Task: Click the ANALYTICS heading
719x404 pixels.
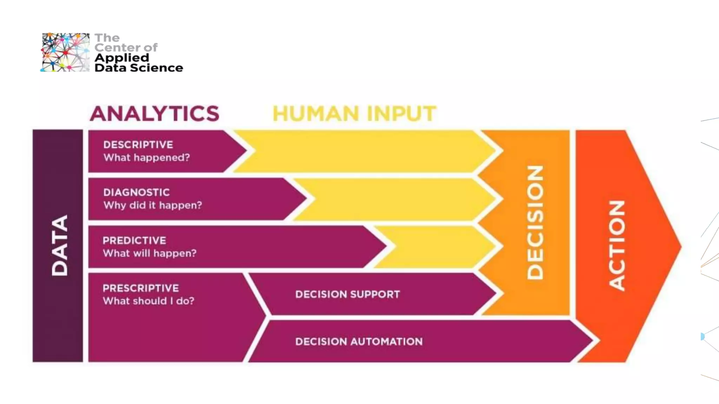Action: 154,114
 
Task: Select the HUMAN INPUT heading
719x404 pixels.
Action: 354,114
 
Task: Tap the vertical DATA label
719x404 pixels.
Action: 59,245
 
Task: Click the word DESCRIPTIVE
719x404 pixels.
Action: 138,144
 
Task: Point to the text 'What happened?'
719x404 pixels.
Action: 146,157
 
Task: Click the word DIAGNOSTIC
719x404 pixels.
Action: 136,192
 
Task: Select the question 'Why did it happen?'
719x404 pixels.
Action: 152,205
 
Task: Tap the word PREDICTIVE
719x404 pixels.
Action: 134,240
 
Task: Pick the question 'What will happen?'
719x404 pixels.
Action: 150,253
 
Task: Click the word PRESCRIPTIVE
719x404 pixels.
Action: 140,288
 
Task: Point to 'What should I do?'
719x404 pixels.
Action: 148,301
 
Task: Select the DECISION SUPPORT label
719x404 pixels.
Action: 347,294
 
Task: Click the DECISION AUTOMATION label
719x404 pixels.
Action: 359,342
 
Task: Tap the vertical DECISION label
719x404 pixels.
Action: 535,222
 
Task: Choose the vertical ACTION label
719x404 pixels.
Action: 616,245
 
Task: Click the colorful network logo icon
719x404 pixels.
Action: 65,52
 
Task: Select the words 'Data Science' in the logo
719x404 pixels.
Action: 139,68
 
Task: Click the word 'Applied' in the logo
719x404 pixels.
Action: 121,58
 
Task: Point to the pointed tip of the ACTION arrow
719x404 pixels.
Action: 679,246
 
